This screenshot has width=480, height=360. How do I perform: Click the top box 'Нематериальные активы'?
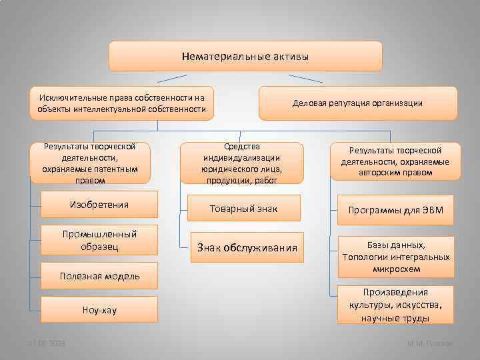[245, 57]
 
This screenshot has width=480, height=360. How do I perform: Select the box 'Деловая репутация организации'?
[358, 103]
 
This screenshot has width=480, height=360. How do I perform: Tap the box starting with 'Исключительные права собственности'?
[122, 103]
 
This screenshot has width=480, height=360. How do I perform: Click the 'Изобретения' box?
[99, 205]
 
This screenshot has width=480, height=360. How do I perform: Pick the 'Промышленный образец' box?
[99, 240]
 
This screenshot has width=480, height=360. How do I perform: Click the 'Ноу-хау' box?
[99, 310]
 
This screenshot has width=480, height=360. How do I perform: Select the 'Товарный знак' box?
[243, 209]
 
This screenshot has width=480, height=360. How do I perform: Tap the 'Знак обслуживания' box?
[246, 248]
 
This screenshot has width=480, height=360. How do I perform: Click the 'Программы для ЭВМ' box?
[395, 211]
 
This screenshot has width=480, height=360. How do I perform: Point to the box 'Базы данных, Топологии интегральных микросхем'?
[395, 257]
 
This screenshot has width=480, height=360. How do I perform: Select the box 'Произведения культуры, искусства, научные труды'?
[395, 305]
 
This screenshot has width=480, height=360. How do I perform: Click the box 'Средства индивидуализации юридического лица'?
[242, 163]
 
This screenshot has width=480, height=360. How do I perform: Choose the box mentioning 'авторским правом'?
[395, 161]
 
